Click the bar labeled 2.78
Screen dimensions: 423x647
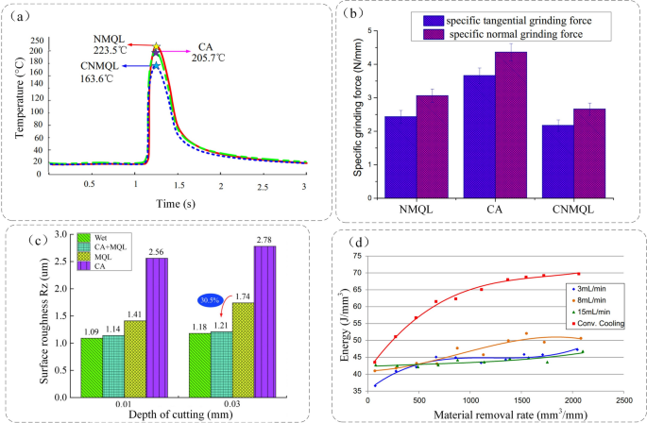(264, 320)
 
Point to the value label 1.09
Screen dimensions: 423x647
(90, 331)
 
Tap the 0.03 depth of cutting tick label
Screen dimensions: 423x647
(229, 405)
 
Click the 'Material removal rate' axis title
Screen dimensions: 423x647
(485, 415)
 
